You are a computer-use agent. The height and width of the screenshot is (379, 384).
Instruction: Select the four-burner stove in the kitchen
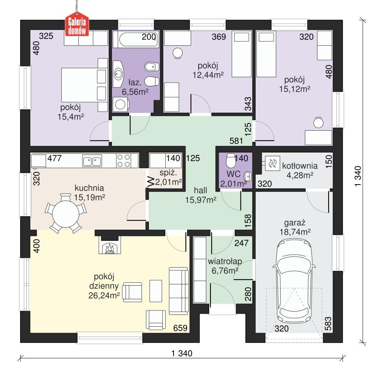pyautogui.click(x=124, y=160)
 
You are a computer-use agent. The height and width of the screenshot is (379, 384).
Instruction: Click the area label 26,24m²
pyautogui.click(x=104, y=295)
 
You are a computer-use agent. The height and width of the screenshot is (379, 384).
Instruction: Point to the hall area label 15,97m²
pyautogui.click(x=200, y=200)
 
